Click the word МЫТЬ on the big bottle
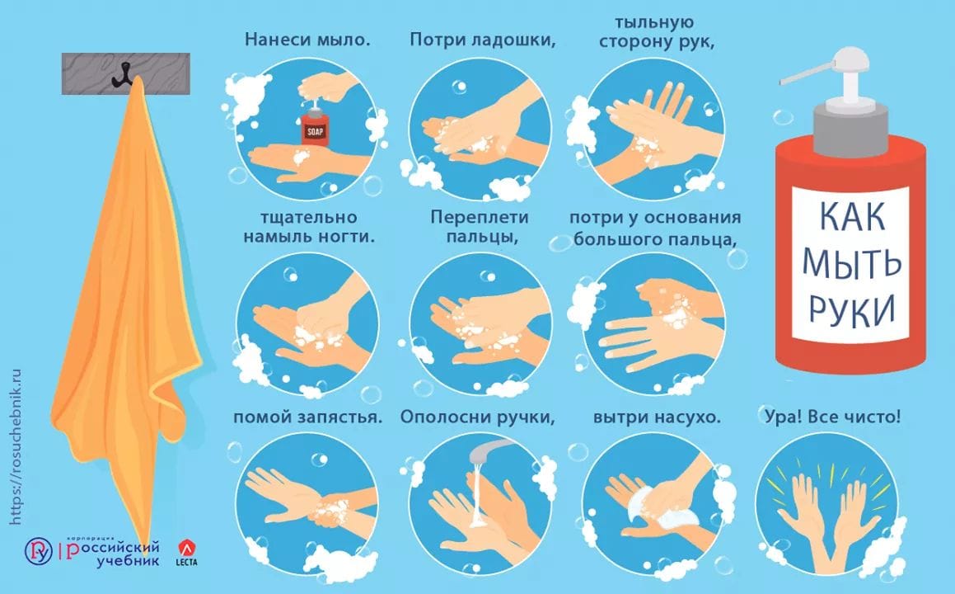(851, 262)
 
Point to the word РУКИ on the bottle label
(851, 309)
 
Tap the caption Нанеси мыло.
(307, 40)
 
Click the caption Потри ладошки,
(482, 40)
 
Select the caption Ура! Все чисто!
(832, 417)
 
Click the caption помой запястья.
(307, 417)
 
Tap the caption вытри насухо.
(657, 417)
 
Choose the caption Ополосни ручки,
(478, 417)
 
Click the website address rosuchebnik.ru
(16, 446)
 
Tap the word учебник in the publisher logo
(129, 560)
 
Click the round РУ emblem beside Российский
(39, 551)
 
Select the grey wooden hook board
(125, 73)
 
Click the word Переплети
(480, 218)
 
